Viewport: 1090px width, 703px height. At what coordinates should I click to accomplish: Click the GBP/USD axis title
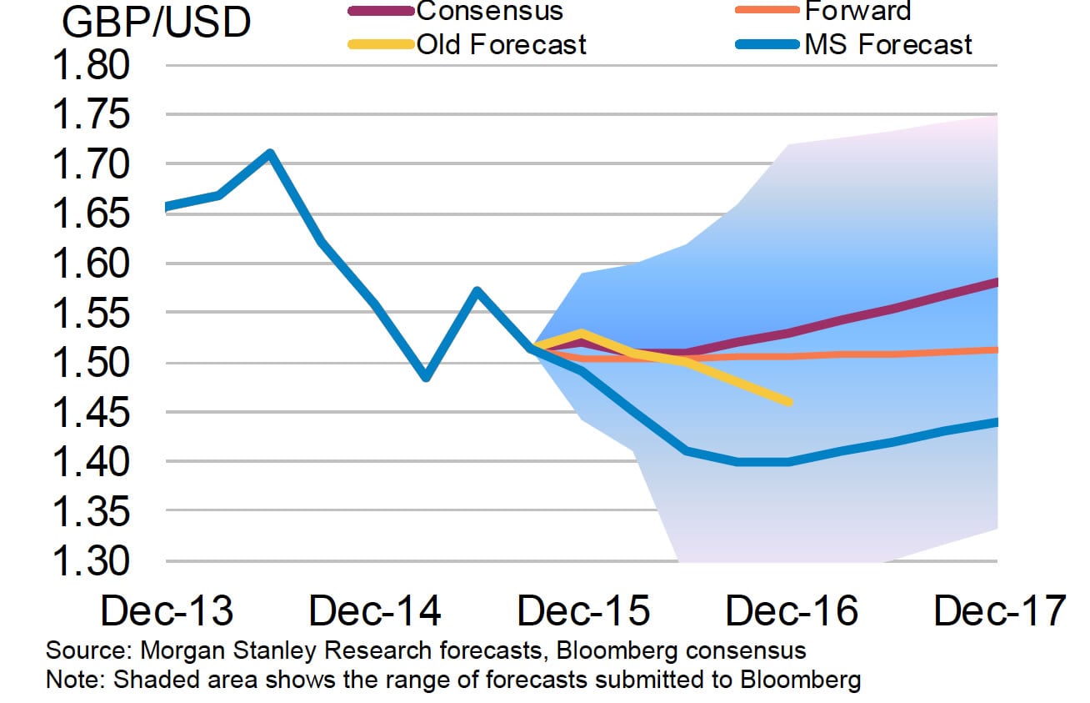[x=156, y=23]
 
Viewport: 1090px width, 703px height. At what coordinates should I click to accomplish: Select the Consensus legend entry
[x=490, y=11]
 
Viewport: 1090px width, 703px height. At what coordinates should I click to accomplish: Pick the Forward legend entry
[x=857, y=11]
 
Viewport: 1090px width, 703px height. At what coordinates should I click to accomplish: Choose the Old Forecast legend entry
[x=502, y=43]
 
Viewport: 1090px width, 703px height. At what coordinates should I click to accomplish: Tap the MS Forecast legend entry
[x=888, y=43]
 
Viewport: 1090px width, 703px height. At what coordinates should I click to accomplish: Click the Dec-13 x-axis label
[x=167, y=611]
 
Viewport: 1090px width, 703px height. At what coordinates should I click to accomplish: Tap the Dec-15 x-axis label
[x=583, y=611]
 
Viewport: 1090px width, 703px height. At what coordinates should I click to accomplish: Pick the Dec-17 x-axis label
[x=999, y=611]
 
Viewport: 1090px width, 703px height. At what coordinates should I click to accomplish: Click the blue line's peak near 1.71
[x=269, y=153]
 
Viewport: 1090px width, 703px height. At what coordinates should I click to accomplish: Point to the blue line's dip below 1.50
[x=426, y=377]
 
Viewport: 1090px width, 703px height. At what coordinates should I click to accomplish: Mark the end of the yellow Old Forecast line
[x=788, y=402]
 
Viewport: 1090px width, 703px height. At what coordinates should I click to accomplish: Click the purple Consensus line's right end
[x=996, y=283]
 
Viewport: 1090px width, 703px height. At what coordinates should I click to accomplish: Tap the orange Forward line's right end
[x=996, y=349]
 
